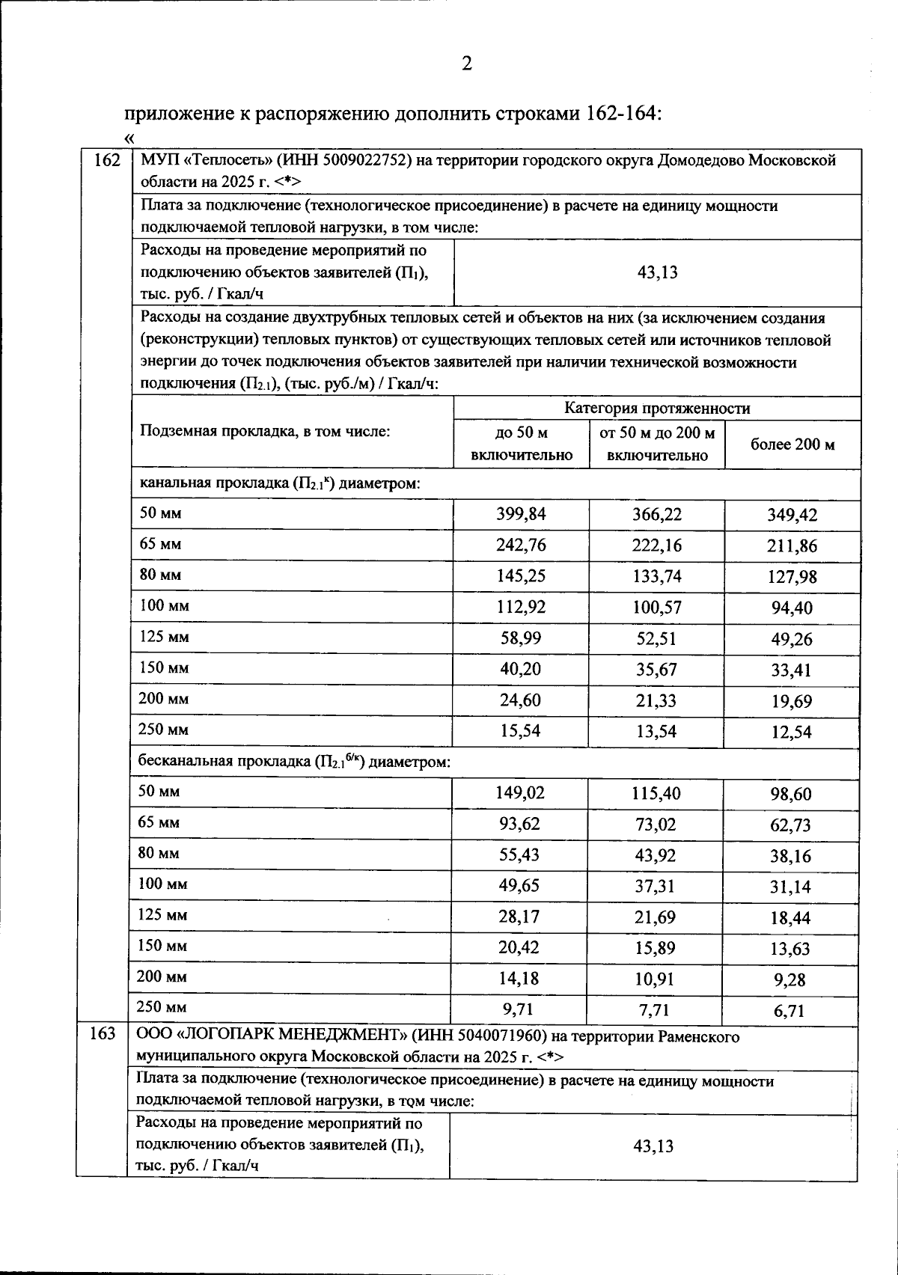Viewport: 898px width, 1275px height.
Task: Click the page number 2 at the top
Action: pos(466,65)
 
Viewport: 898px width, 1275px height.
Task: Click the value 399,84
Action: pos(521,514)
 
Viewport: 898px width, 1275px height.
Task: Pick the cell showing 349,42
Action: pos(792,516)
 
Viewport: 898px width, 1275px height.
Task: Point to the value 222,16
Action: pos(656,545)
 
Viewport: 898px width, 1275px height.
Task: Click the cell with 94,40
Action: pos(792,608)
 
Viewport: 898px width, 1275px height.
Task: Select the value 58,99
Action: pos(521,638)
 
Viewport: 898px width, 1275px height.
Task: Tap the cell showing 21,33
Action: pos(656,700)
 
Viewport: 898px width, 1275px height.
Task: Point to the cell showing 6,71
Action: pos(789,1012)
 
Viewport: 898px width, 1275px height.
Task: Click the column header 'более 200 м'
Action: pos(792,444)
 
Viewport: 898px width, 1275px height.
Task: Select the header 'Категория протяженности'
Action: pos(656,409)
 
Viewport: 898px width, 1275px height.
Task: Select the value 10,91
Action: pos(655,979)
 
